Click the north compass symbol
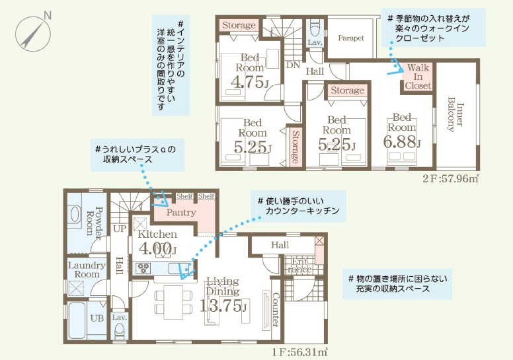pos(33,33)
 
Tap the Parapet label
pos(351,38)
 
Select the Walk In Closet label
pos(418,77)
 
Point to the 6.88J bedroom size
pos(402,141)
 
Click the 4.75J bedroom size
pos(250,82)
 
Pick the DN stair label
pos(293,65)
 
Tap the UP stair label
pos(120,229)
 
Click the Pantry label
pos(181,213)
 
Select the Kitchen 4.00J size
pos(157,249)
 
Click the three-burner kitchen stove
pos(143,268)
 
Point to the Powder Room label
pos(95,221)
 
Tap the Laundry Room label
pos(87,270)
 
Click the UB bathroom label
pos(97,318)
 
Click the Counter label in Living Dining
pos(276,310)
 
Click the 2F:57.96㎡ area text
pos(451,178)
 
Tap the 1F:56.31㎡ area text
pos(299,353)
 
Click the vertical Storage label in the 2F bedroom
pos(295,147)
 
